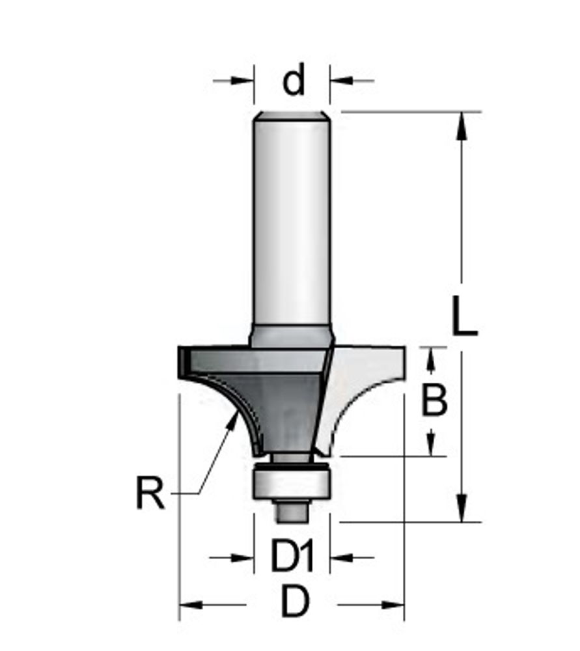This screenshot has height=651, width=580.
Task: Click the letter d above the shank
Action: [294, 79]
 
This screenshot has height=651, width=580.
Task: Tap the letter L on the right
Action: [465, 316]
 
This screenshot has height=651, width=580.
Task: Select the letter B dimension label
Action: [434, 399]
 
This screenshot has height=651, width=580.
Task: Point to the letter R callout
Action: [150, 493]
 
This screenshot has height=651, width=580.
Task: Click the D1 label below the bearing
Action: [292, 555]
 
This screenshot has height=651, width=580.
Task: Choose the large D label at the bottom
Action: [295, 601]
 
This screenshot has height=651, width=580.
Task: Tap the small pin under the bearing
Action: [292, 511]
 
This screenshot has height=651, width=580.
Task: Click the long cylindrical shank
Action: [292, 224]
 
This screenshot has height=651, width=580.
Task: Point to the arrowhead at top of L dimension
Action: [462, 127]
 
